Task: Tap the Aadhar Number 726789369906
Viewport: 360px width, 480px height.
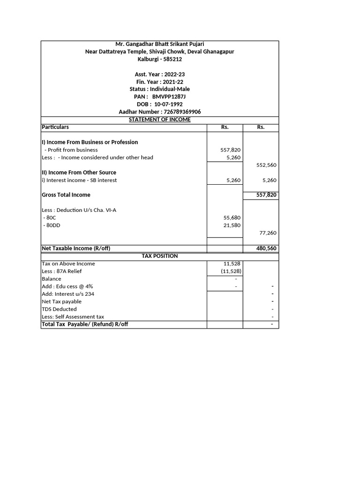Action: coord(181,112)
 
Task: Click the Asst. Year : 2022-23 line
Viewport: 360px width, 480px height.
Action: coord(159,74)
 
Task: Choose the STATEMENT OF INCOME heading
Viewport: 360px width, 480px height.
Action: coord(159,120)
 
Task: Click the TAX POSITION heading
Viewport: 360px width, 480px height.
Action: coord(159,256)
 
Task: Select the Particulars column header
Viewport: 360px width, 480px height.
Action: coord(55,127)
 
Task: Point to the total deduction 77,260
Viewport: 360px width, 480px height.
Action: coord(268,232)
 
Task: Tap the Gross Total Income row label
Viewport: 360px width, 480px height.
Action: coord(66,195)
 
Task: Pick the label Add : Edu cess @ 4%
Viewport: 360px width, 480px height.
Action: coord(70,286)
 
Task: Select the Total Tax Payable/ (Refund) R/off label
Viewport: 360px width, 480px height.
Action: coord(85,324)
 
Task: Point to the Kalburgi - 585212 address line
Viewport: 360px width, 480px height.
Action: coord(159,59)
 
